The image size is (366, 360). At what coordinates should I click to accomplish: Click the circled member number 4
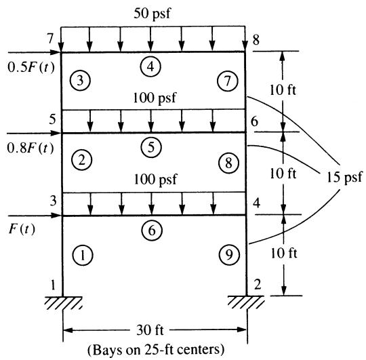150,66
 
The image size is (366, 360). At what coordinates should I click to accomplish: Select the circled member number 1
83,255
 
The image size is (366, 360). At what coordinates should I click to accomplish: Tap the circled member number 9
230,254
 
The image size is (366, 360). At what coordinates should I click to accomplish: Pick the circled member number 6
152,231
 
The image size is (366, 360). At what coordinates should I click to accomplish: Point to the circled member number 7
228,81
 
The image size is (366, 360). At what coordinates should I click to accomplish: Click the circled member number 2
82,160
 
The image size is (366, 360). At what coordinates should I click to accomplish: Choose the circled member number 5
151,147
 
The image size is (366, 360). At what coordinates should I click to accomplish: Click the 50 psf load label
152,14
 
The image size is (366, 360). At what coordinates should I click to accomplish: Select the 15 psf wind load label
344,177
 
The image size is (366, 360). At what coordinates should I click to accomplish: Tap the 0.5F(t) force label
31,67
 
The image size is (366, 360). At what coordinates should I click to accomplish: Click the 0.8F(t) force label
30,148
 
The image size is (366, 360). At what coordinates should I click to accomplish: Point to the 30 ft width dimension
150,330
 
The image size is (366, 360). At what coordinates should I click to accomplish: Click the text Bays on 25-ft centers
156,350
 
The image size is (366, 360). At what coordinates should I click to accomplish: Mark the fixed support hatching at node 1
64,303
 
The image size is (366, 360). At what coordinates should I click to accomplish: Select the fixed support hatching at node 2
246,302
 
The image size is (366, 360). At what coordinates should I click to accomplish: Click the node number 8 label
256,40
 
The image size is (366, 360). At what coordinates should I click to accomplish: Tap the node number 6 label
254,121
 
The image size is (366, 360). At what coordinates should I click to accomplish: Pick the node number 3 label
54,201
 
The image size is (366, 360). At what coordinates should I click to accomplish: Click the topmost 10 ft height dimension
283,90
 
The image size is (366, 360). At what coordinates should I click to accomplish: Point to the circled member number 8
229,163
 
